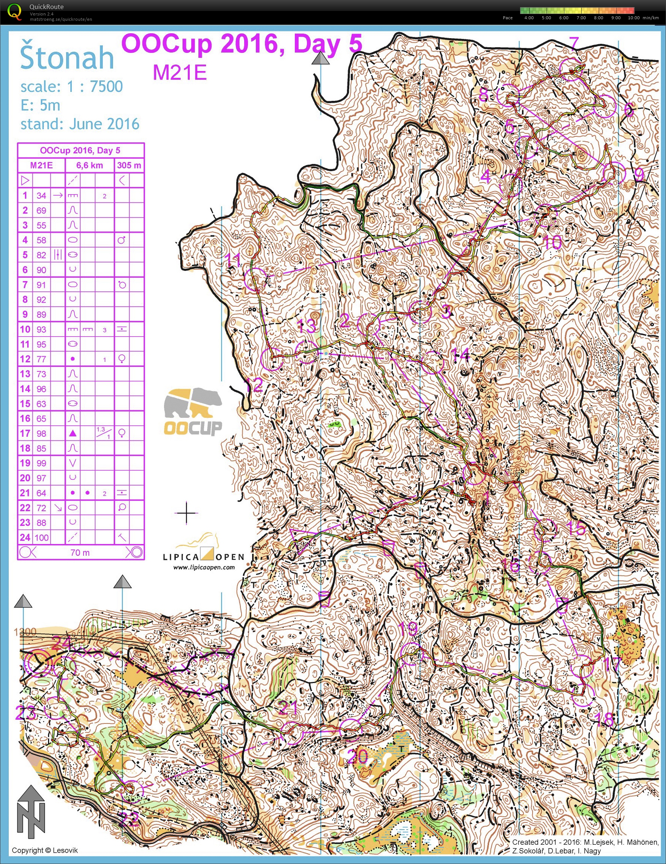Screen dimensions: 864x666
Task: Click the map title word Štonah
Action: tap(67, 58)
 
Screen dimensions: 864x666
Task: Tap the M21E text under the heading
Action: tap(180, 73)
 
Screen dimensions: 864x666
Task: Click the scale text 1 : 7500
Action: tap(94, 87)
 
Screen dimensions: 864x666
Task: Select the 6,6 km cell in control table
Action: tap(90, 165)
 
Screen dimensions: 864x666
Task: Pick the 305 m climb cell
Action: tap(129, 165)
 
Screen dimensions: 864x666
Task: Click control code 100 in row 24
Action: tap(41, 538)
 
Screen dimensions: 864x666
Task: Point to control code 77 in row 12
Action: tap(41, 359)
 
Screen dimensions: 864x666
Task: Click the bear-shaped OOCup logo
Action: tap(193, 411)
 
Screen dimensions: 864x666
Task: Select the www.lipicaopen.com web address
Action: tap(204, 567)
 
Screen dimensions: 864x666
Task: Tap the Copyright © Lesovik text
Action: tap(45, 850)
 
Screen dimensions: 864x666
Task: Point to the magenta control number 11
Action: tap(233, 260)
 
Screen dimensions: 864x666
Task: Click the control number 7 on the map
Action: tap(574, 43)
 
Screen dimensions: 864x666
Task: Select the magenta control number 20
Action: tap(358, 757)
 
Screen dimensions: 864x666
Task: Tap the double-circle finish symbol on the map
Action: tap(39, 665)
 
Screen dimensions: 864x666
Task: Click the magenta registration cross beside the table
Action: tap(186, 513)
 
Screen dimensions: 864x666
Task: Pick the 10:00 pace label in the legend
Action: tap(633, 18)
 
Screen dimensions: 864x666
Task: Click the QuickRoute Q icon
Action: tap(15, 11)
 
